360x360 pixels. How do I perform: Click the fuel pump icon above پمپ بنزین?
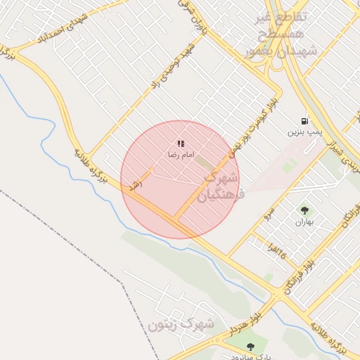click(x=304, y=121)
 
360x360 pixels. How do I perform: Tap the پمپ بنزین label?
click(x=304, y=131)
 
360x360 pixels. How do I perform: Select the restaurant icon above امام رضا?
click(x=181, y=143)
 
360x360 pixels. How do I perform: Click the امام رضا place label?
click(x=181, y=154)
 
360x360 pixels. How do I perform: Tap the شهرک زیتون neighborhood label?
click(x=181, y=324)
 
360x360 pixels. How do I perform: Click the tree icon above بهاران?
click(x=304, y=210)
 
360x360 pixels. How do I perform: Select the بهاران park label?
click(x=303, y=221)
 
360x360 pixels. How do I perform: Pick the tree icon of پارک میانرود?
click(x=250, y=347)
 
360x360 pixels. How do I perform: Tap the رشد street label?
click(x=133, y=185)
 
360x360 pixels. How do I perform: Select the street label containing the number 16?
click(x=276, y=248)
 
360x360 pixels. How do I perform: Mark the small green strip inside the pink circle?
click(x=205, y=163)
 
